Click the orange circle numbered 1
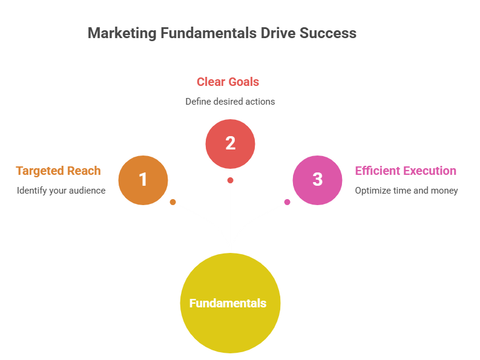pos(143,180)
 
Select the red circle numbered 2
pos(230,143)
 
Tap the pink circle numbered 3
pos(317,180)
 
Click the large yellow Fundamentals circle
pos(230,303)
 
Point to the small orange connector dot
pos(173,202)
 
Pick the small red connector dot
pos(230,180)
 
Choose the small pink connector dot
pos(287,202)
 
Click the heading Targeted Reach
pos(58,171)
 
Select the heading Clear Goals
pos(228,82)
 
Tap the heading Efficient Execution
pos(406,171)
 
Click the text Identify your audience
pos(61,191)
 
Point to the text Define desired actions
pos(230,102)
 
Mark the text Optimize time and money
pos(406,191)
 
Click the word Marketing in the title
pos(121,33)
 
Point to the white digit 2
pos(230,143)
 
